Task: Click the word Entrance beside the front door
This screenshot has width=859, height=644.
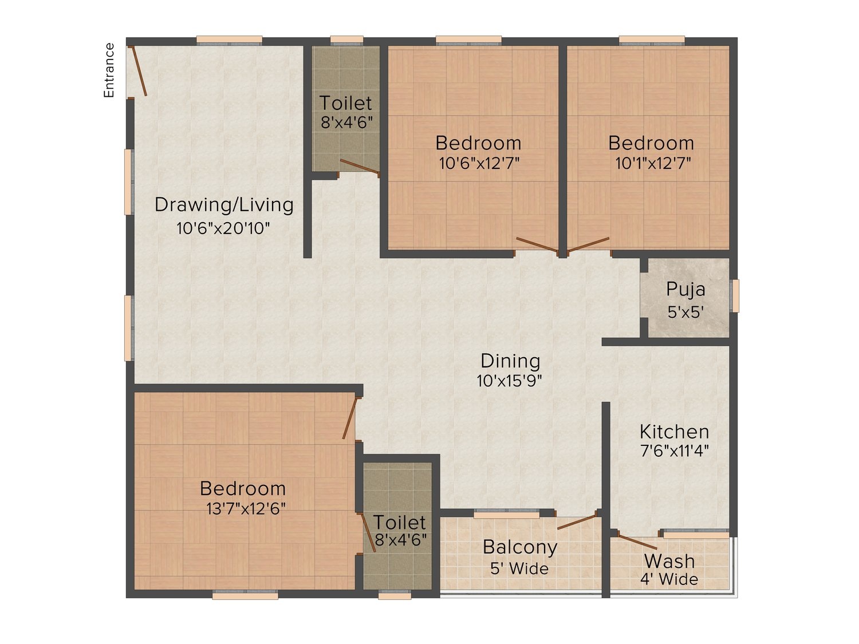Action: pos(109,70)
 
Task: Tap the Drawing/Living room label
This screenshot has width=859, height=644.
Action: pos(224,205)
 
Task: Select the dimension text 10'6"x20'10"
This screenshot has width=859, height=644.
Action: pos(223,228)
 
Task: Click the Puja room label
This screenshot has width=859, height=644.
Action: pos(685,290)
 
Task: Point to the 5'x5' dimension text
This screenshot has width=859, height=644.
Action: pos(685,312)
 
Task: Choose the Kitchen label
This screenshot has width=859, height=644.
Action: pos(674,432)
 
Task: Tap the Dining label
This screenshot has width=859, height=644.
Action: pos(510,361)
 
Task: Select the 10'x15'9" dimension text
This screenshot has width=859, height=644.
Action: pos(510,381)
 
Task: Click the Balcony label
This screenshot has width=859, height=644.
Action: pos(519,547)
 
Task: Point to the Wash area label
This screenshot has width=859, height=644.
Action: pos(669,561)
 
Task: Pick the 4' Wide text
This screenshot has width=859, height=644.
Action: pos(669,579)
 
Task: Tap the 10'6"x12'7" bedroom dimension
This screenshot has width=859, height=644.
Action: pos(479,163)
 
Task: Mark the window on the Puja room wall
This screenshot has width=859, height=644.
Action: pos(735,296)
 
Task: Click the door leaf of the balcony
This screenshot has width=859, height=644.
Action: pos(577,522)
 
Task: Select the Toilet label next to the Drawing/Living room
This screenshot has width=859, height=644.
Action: pos(345,103)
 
